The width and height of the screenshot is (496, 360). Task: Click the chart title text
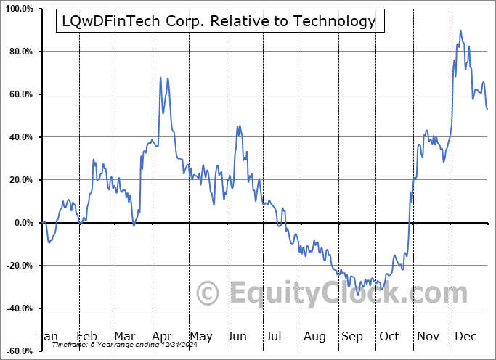pyautogui.click(x=216, y=22)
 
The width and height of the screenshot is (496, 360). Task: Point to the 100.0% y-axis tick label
pyautogui.click(x=17, y=9)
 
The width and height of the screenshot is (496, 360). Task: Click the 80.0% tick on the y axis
pyautogui.click(x=19, y=52)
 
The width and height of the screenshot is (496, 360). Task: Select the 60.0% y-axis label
pyautogui.click(x=19, y=95)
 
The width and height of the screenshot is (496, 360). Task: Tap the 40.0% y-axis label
pyautogui.click(x=19, y=138)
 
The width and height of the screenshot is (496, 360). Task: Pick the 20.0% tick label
pyautogui.click(x=19, y=181)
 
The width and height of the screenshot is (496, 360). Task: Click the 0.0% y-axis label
pyautogui.click(x=21, y=224)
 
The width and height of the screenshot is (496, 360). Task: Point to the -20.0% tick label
pyautogui.click(x=17, y=266)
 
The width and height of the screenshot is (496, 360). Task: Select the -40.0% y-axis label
pyautogui.click(x=17, y=309)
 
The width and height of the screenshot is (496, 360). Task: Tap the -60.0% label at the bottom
pyautogui.click(x=17, y=352)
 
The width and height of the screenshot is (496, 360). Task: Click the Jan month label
pyautogui.click(x=48, y=336)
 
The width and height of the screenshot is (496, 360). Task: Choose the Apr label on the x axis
pyautogui.click(x=162, y=336)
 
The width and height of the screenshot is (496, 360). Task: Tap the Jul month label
pyautogui.click(x=275, y=336)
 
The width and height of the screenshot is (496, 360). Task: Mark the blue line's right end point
pyautogui.click(x=487, y=109)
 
